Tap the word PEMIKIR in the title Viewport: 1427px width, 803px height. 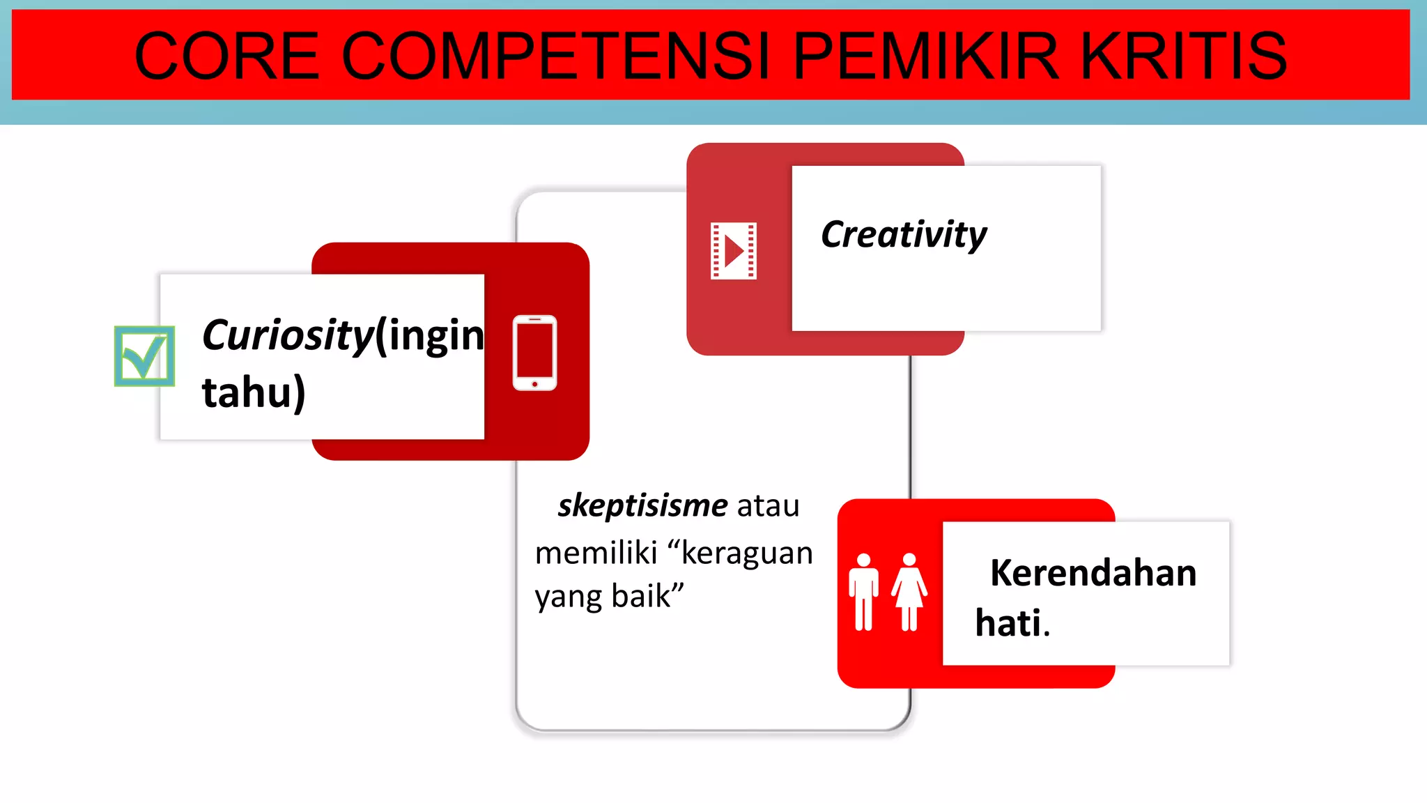click(926, 56)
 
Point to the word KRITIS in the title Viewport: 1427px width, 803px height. click(1183, 56)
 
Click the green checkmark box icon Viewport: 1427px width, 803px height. click(144, 356)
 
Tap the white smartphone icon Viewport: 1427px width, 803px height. click(534, 353)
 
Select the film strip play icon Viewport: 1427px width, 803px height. click(733, 251)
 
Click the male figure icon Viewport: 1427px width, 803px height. click(863, 592)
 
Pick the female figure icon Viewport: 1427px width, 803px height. click(909, 592)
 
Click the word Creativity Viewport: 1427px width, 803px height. click(904, 234)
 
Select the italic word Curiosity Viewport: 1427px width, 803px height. click(288, 336)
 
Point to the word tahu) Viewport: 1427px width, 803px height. click(254, 392)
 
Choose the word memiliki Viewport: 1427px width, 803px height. click(596, 553)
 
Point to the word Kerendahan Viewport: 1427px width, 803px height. click(1093, 573)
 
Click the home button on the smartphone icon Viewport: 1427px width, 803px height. click(534, 384)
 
